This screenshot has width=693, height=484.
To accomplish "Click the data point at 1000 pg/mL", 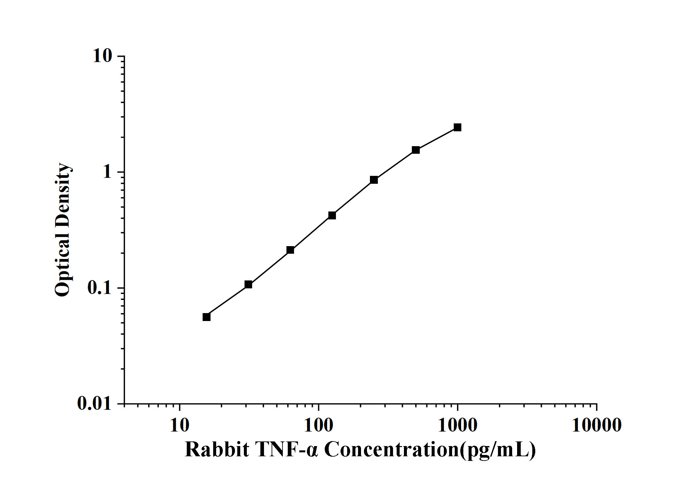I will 457,127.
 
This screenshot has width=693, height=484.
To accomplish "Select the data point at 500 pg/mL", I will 416,150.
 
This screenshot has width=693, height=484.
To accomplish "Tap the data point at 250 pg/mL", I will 374,180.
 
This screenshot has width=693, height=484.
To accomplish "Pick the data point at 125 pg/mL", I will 332,215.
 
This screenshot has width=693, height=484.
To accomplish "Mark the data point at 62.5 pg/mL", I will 290,250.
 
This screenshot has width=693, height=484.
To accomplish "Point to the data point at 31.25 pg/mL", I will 248,284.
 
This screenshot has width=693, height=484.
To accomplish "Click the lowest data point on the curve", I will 207,317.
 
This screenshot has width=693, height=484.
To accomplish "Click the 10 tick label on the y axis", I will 102,56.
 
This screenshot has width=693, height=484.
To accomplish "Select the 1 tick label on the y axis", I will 108,172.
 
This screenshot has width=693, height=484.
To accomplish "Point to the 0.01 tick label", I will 95,403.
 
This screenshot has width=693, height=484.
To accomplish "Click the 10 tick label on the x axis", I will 180,426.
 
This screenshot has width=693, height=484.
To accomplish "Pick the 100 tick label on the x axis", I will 318,426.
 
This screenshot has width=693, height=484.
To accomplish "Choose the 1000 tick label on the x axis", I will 457,426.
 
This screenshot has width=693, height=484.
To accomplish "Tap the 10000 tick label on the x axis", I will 597,426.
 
